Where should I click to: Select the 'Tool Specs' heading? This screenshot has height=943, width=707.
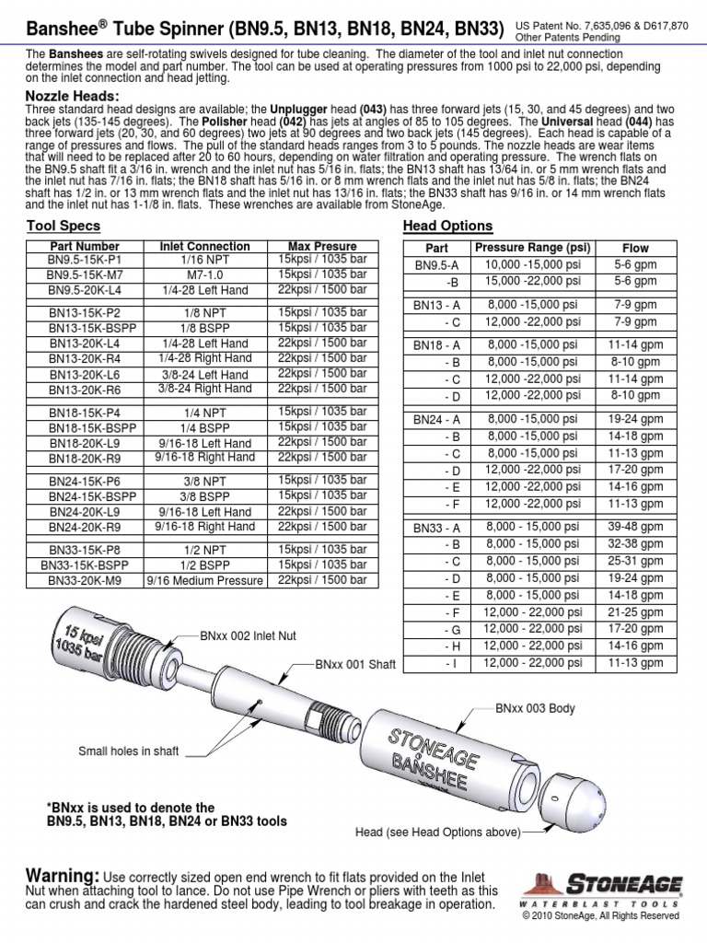[x=64, y=227]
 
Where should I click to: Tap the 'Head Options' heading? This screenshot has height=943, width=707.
[x=448, y=227]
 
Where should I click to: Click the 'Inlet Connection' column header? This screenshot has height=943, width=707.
[x=204, y=247]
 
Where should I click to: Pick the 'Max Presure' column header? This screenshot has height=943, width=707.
[x=322, y=247]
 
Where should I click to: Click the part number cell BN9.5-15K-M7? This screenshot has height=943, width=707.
[x=85, y=275]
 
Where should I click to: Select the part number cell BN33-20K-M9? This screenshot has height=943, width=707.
[x=85, y=581]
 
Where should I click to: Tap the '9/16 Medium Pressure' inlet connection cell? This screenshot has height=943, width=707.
[x=204, y=581]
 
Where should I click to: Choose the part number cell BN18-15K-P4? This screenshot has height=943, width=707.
[x=85, y=413]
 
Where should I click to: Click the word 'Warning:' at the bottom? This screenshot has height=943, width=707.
[x=62, y=874]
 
